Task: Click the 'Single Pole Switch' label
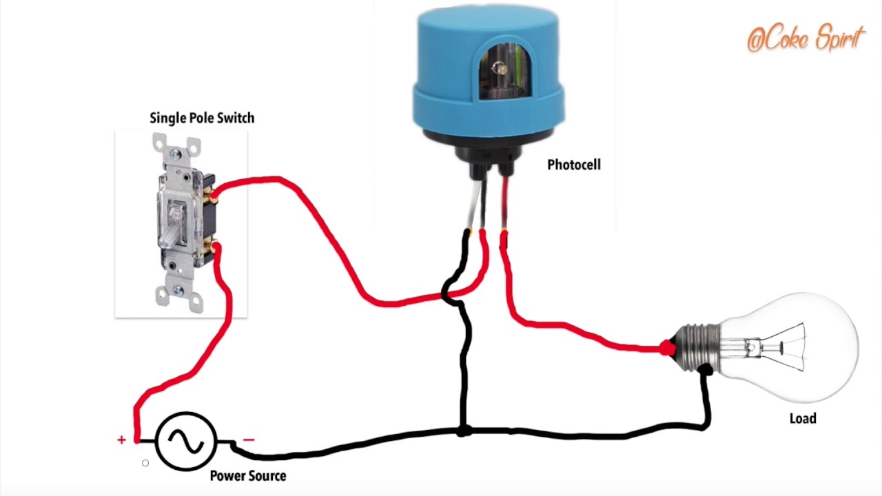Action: [x=202, y=118]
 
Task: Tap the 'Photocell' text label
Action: [x=573, y=165]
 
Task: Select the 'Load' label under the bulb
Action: [x=803, y=419]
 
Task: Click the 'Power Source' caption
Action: [x=247, y=476]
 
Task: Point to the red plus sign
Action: [x=122, y=440]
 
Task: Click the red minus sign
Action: [x=249, y=440]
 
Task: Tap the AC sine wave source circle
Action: [x=186, y=441]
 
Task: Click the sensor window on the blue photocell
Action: [x=500, y=70]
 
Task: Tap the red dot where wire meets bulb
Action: [x=666, y=349]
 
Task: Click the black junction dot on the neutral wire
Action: [x=464, y=431]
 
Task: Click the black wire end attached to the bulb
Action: [x=704, y=371]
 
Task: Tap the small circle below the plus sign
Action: [x=145, y=463]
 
